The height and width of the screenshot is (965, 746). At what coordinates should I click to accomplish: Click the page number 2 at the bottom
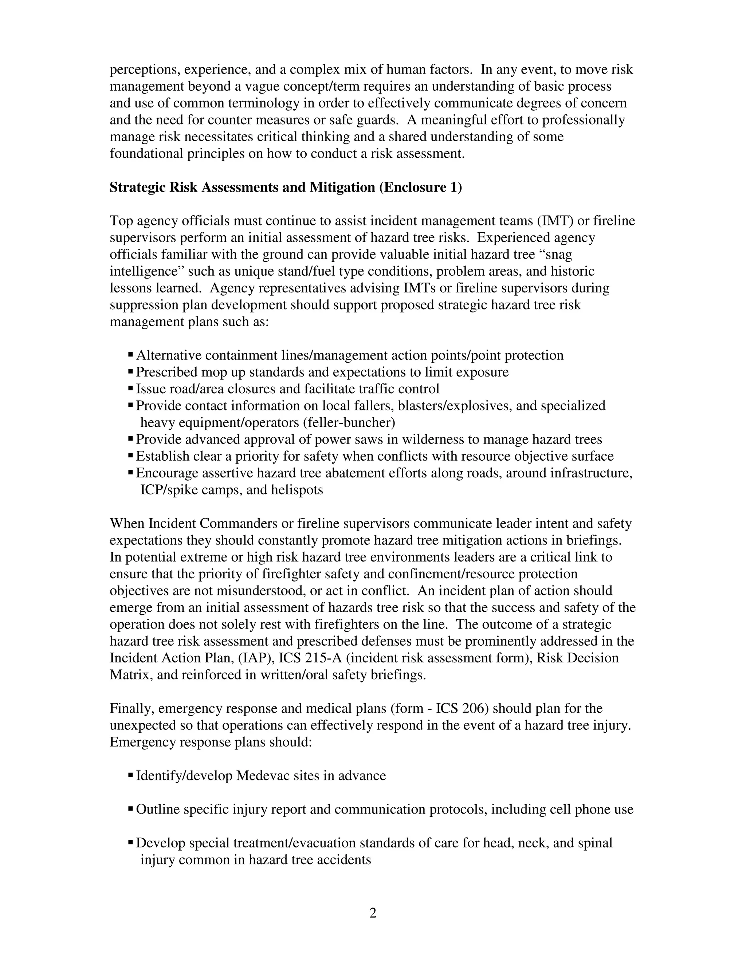point(373,913)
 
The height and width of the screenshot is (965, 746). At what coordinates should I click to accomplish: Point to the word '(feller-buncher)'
point(349,422)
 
